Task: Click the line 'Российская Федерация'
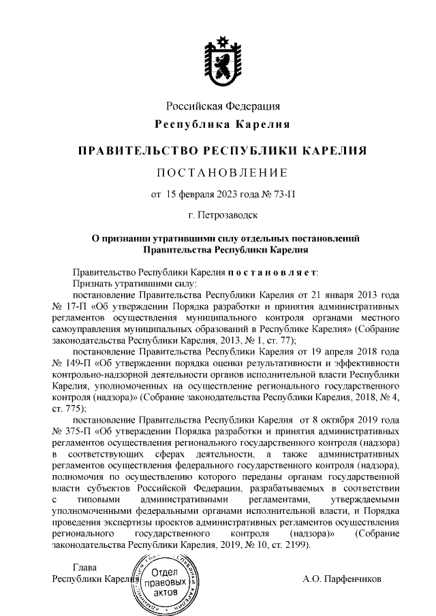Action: [x=223, y=107]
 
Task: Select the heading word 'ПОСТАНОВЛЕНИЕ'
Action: [x=223, y=171]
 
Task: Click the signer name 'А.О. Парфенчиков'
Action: [x=343, y=579]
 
